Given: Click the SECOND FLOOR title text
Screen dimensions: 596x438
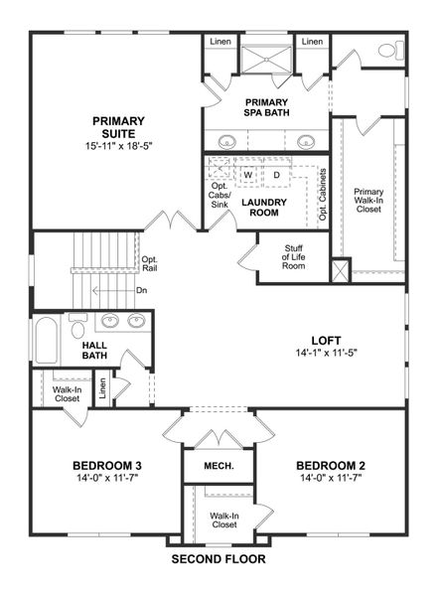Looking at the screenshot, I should coord(219,560).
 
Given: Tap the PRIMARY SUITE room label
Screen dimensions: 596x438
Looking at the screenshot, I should coord(119,127).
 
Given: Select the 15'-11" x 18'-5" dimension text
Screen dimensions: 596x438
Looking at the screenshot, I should coord(119,146).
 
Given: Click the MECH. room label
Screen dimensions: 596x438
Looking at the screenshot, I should coord(219,466).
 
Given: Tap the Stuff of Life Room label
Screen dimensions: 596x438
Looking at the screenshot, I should coord(292,258).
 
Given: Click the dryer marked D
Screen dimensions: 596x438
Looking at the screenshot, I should coord(277,176).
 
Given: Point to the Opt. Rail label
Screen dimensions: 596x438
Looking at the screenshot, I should coord(150,264).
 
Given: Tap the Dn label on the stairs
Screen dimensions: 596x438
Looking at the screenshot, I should coord(142,291).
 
